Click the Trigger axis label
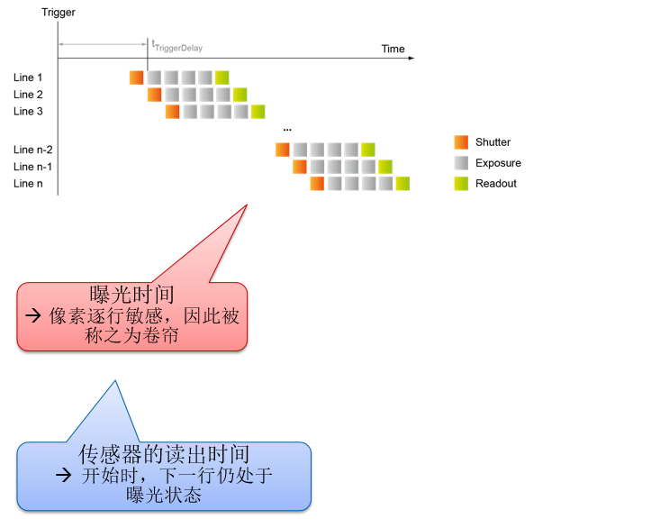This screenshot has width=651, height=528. (x=59, y=12)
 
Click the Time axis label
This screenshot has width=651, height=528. (x=393, y=49)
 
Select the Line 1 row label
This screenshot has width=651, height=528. (x=28, y=77)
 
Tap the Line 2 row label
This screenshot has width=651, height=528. (x=28, y=95)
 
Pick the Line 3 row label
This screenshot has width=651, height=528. (x=28, y=112)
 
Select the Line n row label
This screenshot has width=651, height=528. (x=28, y=184)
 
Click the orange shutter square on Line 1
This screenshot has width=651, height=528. (x=137, y=77)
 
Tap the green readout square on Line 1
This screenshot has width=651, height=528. (x=222, y=77)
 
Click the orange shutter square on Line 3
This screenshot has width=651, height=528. (x=172, y=112)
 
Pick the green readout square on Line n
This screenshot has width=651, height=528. (x=402, y=184)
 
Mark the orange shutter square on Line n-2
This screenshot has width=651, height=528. (x=283, y=150)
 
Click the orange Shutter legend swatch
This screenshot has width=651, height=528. (x=461, y=142)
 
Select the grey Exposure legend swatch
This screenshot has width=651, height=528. (x=461, y=163)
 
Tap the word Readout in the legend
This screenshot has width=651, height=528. (x=496, y=184)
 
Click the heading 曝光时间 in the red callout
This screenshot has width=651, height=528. (x=131, y=295)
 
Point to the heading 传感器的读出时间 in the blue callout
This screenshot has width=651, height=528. (x=164, y=454)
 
